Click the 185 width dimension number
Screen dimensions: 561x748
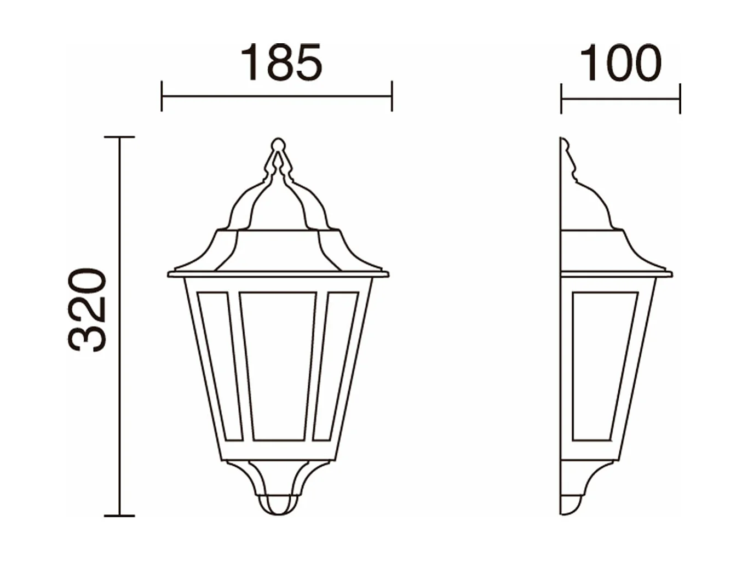click(281, 62)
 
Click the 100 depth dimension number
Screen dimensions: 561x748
click(620, 64)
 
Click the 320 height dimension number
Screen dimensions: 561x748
click(87, 310)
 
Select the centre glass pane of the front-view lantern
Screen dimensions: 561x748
click(278, 365)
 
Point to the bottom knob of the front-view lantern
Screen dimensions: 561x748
click(278, 505)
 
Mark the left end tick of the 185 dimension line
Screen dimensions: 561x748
click(162, 96)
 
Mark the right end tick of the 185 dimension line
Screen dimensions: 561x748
click(392, 96)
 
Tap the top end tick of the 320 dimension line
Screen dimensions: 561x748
click(119, 137)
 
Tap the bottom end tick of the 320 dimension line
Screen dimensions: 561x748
click(119, 516)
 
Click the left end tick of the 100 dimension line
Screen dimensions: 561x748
click(561, 99)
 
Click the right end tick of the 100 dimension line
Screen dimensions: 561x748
click(680, 99)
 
